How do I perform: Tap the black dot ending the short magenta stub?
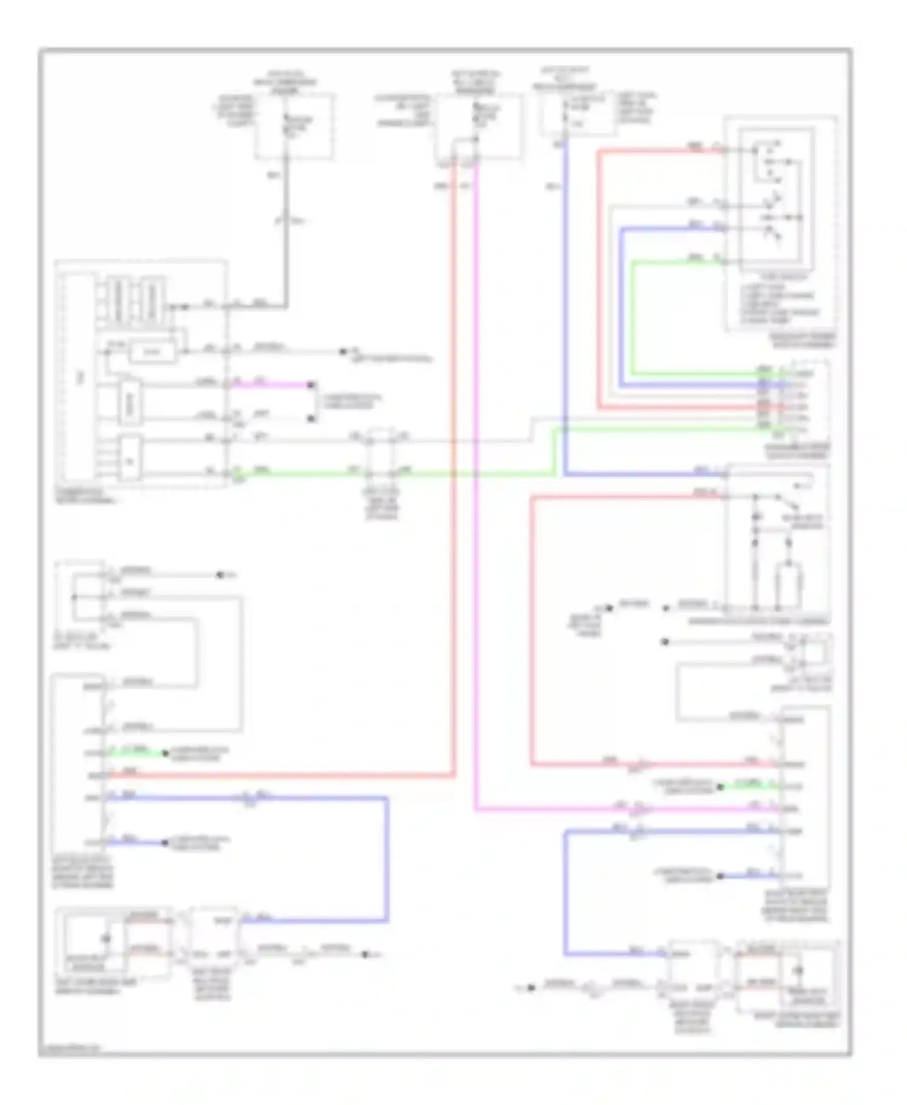pyautogui.click(x=311, y=384)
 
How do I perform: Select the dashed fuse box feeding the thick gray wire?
pyautogui.click(x=294, y=126)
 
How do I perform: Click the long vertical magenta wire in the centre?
pyautogui.click(x=475, y=484)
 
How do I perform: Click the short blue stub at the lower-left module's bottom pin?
pyautogui.click(x=136, y=842)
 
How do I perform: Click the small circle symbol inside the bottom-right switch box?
pyautogui.click(x=798, y=971)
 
